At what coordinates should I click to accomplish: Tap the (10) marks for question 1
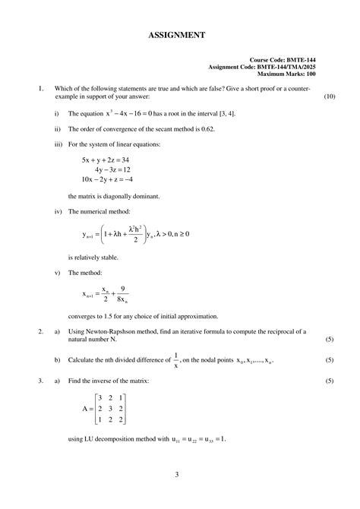tap(329, 97)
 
